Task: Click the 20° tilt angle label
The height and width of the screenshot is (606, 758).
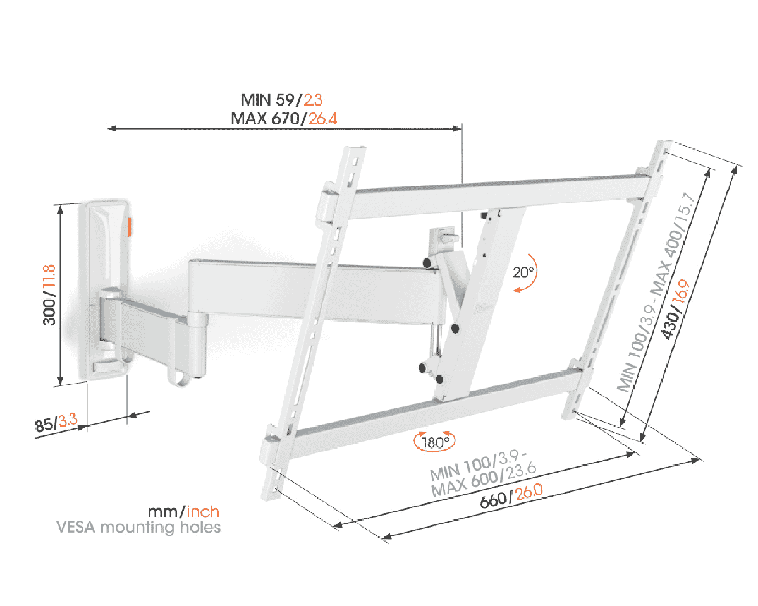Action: [x=523, y=272]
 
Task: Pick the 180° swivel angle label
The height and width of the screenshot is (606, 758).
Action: [x=434, y=442]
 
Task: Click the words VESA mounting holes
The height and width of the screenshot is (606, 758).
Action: [x=138, y=526]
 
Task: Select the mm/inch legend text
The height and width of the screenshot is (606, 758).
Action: [x=184, y=511]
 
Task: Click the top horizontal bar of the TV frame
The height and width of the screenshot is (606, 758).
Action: [x=499, y=190]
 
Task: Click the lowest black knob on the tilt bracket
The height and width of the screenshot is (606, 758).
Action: [x=437, y=379]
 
